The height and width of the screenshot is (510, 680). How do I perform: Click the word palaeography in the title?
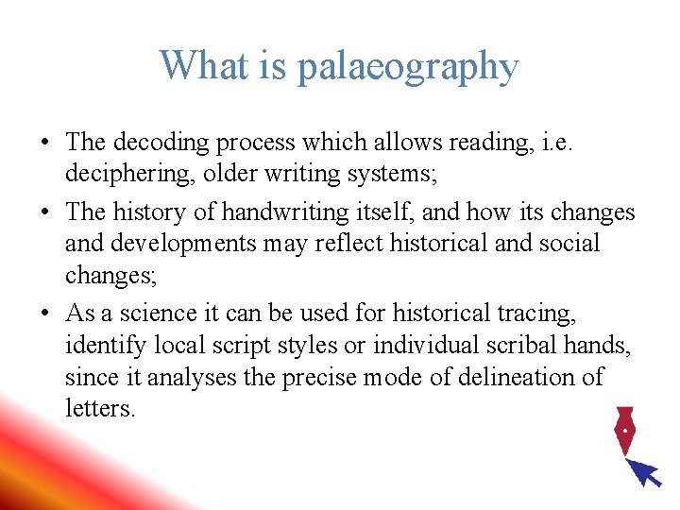coord(408,67)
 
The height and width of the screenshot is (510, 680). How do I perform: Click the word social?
coord(567,243)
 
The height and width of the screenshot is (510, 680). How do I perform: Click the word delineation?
coord(510,377)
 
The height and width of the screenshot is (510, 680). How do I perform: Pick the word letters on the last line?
coord(99,410)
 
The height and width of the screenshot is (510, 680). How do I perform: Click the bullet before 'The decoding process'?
coord(44,144)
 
